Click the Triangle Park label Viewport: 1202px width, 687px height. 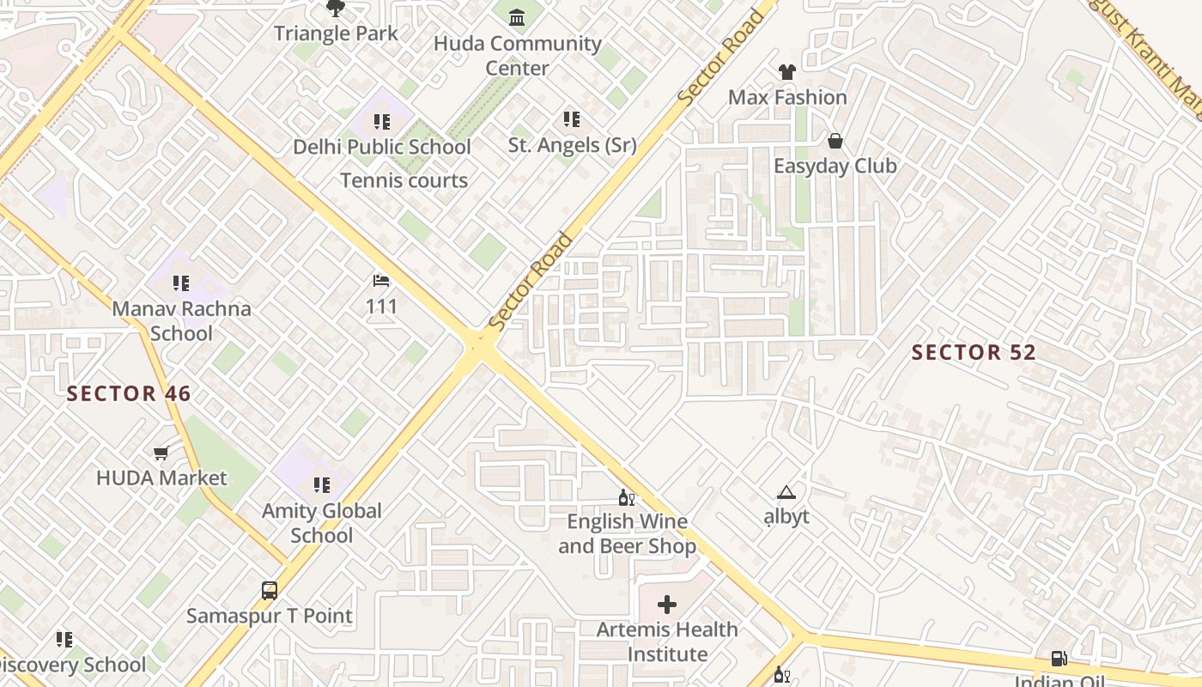336,33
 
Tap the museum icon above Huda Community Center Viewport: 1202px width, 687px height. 517,17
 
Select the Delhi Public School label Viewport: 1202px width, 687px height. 382,147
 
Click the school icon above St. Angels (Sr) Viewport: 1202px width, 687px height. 572,119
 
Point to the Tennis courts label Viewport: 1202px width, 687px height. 404,180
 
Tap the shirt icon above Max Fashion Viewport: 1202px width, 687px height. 786,72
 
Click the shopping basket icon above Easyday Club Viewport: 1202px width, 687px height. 835,141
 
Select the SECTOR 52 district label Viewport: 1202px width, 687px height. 974,352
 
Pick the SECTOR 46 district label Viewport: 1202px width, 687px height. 129,393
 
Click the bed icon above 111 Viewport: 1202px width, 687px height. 381,281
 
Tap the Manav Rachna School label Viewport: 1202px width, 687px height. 181,320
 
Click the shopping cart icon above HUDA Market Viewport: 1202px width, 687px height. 161,453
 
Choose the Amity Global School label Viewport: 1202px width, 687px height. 322,522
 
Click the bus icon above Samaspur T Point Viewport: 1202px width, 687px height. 270,591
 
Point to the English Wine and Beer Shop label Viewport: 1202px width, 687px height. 627,533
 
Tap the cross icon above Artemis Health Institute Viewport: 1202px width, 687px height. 666,605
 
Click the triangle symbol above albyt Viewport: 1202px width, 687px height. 786,493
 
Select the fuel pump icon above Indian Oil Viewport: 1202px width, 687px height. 1059,659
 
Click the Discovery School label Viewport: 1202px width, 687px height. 73,665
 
